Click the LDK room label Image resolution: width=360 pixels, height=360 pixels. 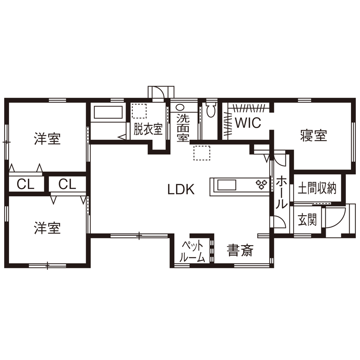point(181,189)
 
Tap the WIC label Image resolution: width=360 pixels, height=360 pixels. point(247,123)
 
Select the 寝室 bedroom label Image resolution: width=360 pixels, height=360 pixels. point(313,136)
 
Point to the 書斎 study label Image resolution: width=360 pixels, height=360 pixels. point(240,250)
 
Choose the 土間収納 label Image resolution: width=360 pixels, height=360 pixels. point(317,188)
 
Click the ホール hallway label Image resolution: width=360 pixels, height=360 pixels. point(281,193)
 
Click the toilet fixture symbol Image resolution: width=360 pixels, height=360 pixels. point(210,111)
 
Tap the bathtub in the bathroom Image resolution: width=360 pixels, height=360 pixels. point(108,114)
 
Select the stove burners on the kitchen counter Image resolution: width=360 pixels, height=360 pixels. point(261,185)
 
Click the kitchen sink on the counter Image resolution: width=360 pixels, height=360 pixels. point(227,185)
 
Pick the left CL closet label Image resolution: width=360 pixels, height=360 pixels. point(26,185)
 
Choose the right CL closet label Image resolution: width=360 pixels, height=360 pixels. point(67,185)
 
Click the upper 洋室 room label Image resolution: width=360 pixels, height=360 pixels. point(47,139)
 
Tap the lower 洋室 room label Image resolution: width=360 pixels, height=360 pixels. point(47,228)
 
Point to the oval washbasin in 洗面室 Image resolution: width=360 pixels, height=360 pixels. point(180,108)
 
